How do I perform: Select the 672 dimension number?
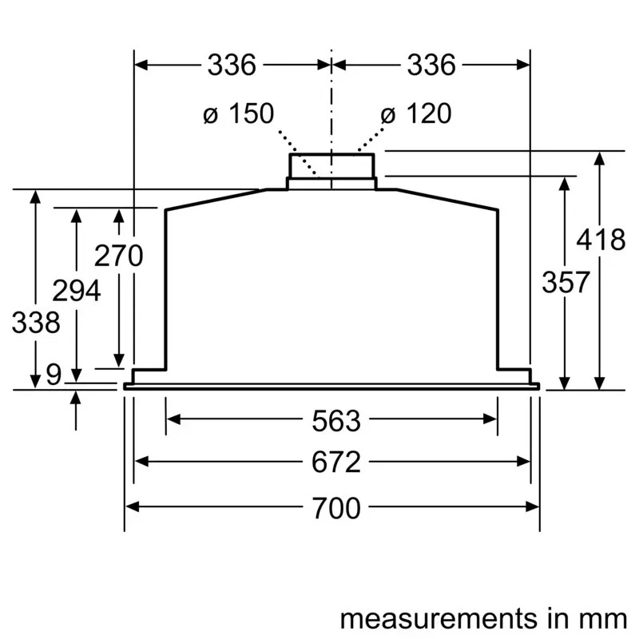click(x=331, y=462)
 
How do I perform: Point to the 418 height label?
click(x=601, y=239)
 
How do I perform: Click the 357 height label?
click(x=566, y=282)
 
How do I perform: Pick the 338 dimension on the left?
click(x=36, y=323)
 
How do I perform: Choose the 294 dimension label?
click(x=77, y=290)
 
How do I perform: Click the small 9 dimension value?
click(x=53, y=374)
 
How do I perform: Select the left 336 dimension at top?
click(x=232, y=65)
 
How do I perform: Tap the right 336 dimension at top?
click(x=431, y=65)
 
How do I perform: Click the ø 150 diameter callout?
click(x=237, y=114)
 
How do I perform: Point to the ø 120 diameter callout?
click(x=415, y=114)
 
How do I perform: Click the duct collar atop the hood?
click(x=331, y=167)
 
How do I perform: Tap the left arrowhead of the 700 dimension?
click(x=131, y=506)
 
